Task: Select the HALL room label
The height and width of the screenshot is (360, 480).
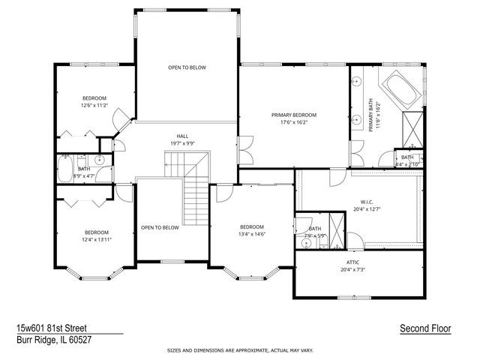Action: pyautogui.click(x=182, y=126)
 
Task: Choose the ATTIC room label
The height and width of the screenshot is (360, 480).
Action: pyautogui.click(x=356, y=262)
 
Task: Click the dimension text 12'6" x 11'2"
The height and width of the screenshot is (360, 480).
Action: pyautogui.click(x=94, y=106)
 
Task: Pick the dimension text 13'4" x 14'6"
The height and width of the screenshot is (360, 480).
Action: pyautogui.click(x=252, y=234)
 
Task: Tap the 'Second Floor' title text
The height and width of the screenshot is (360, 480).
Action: pyautogui.click(x=424, y=328)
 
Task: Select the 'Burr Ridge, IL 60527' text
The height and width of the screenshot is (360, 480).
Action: pyautogui.click(x=54, y=340)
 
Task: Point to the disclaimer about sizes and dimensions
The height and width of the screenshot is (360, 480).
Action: pyautogui.click(x=240, y=350)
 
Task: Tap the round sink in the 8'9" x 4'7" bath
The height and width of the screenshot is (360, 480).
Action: pyautogui.click(x=100, y=159)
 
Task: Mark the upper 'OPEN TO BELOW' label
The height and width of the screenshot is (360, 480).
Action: pyautogui.click(x=187, y=67)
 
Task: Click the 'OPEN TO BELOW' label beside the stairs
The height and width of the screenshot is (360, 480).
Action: pyautogui.click(x=160, y=227)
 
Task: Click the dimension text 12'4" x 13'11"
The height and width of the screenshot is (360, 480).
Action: pyautogui.click(x=97, y=239)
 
